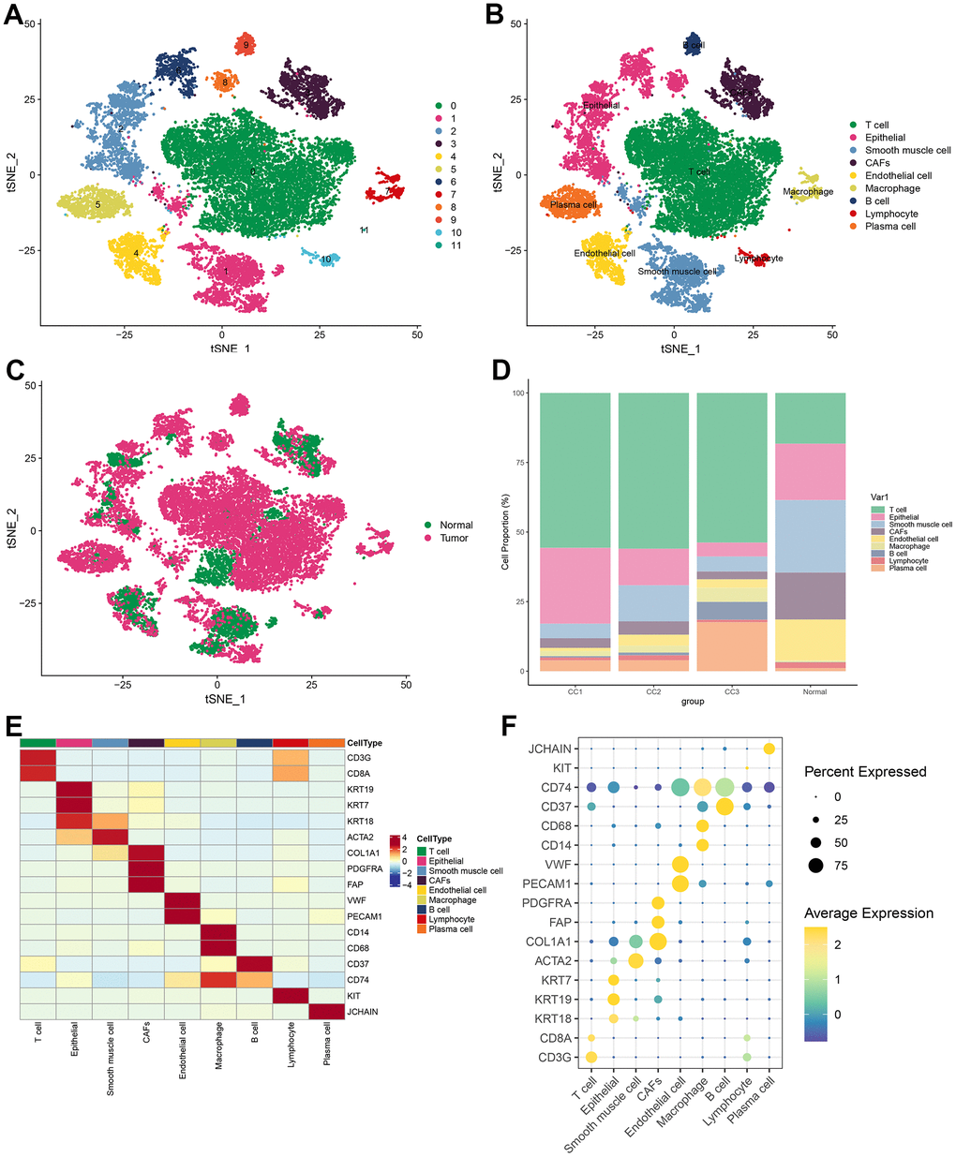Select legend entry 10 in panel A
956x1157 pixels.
pyautogui.click(x=455, y=232)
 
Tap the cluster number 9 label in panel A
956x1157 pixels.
pyautogui.click(x=246, y=45)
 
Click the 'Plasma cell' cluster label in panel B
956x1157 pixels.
pyautogui.click(x=573, y=205)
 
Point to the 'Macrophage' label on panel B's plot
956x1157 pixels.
pyautogui.click(x=808, y=192)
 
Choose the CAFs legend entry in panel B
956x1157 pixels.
pyautogui.click(x=877, y=163)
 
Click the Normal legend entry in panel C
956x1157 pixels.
pyautogui.click(x=456, y=525)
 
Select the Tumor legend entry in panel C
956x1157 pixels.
pyautogui.click(x=454, y=538)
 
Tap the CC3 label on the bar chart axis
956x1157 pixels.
pyautogui.click(x=731, y=691)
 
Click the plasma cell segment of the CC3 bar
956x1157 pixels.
pyautogui.click(x=731, y=646)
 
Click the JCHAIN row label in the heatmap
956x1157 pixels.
pyautogui.click(x=362, y=1012)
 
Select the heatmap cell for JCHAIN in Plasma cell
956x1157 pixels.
pyautogui.click(x=326, y=1012)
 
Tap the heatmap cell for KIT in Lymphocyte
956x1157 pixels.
pyautogui.click(x=291, y=996)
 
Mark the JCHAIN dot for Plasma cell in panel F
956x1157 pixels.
pyautogui.click(x=769, y=749)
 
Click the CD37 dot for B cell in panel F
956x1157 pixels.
pyautogui.click(x=724, y=807)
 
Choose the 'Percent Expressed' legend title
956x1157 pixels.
pyautogui.click(x=864, y=772)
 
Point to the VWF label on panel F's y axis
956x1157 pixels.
pyautogui.click(x=562, y=865)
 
